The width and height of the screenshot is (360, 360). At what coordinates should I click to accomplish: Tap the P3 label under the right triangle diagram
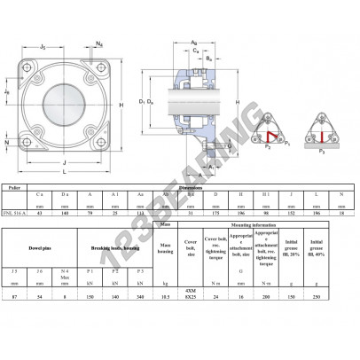[324, 151]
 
